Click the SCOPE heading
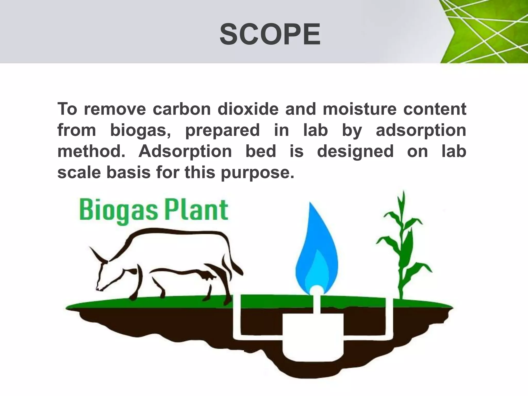pyautogui.click(x=270, y=34)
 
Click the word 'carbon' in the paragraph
pyautogui.click(x=182, y=109)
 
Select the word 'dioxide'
pyautogui.click(x=248, y=109)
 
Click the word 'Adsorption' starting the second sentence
pyautogui.click(x=185, y=152)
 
